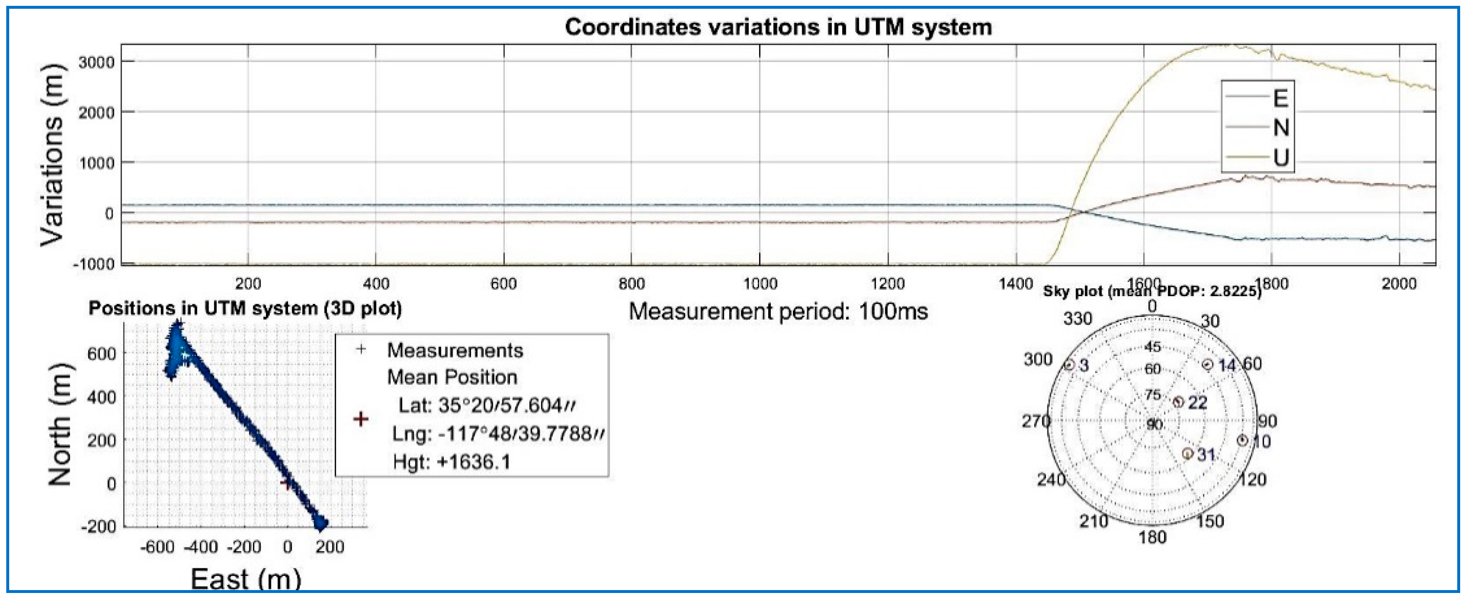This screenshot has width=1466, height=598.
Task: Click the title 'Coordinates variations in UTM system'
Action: click(778, 27)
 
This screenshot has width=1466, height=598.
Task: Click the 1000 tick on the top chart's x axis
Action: click(760, 284)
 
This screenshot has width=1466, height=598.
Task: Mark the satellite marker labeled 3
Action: click(1069, 365)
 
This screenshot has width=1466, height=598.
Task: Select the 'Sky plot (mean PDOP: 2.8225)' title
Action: click(1152, 292)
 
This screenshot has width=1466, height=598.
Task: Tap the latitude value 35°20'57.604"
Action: click(486, 405)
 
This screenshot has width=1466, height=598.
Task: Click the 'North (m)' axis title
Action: click(60, 424)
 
